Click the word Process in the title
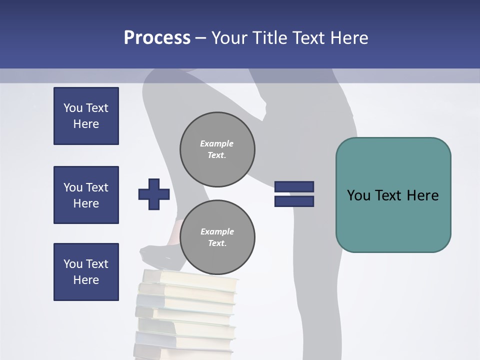pos(157,38)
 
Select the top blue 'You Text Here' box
pos(86,116)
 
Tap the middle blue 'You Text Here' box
pos(86,195)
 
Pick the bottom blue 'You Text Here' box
pos(86,272)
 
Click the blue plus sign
pos(154,194)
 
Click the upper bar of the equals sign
pos(294,186)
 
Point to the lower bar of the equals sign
pos(294,201)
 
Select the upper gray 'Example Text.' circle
pos(217,149)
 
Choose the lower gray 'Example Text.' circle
pos(217,237)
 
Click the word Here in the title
pos(349,38)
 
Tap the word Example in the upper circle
pos(217,143)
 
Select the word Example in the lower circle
pos(217,231)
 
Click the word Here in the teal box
pos(422,195)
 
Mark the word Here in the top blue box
pos(86,124)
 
